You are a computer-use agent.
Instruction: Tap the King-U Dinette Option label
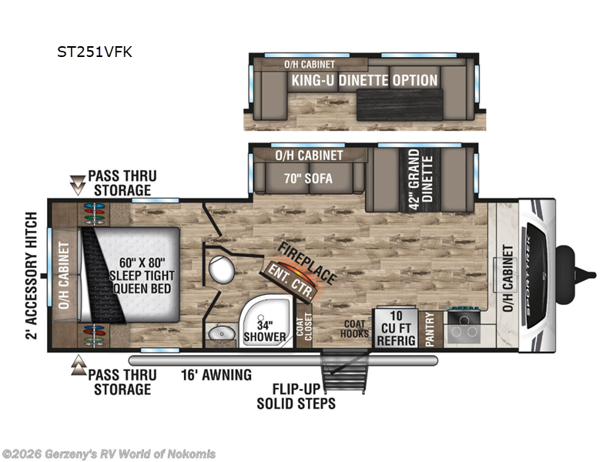pyautogui.click(x=363, y=80)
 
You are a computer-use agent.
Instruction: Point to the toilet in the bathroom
pyautogui.click(x=223, y=269)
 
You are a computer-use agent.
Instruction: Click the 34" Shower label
pyautogui.click(x=260, y=330)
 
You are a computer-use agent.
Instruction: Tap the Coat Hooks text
pyautogui.click(x=355, y=330)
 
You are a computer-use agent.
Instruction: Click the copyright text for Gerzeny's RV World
pyautogui.click(x=109, y=454)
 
